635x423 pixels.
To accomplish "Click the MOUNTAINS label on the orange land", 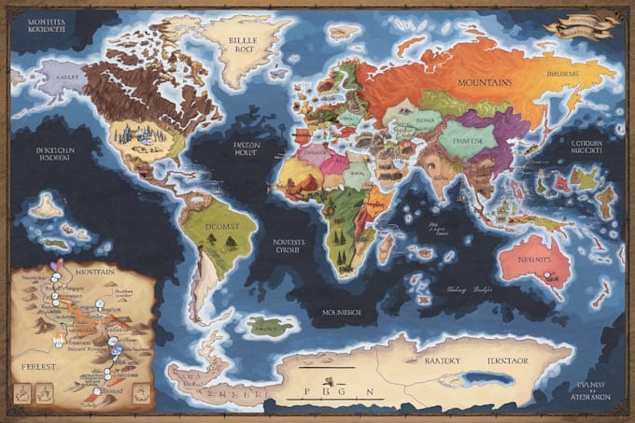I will click(485, 83).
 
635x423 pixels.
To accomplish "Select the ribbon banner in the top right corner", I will click(581, 25).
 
